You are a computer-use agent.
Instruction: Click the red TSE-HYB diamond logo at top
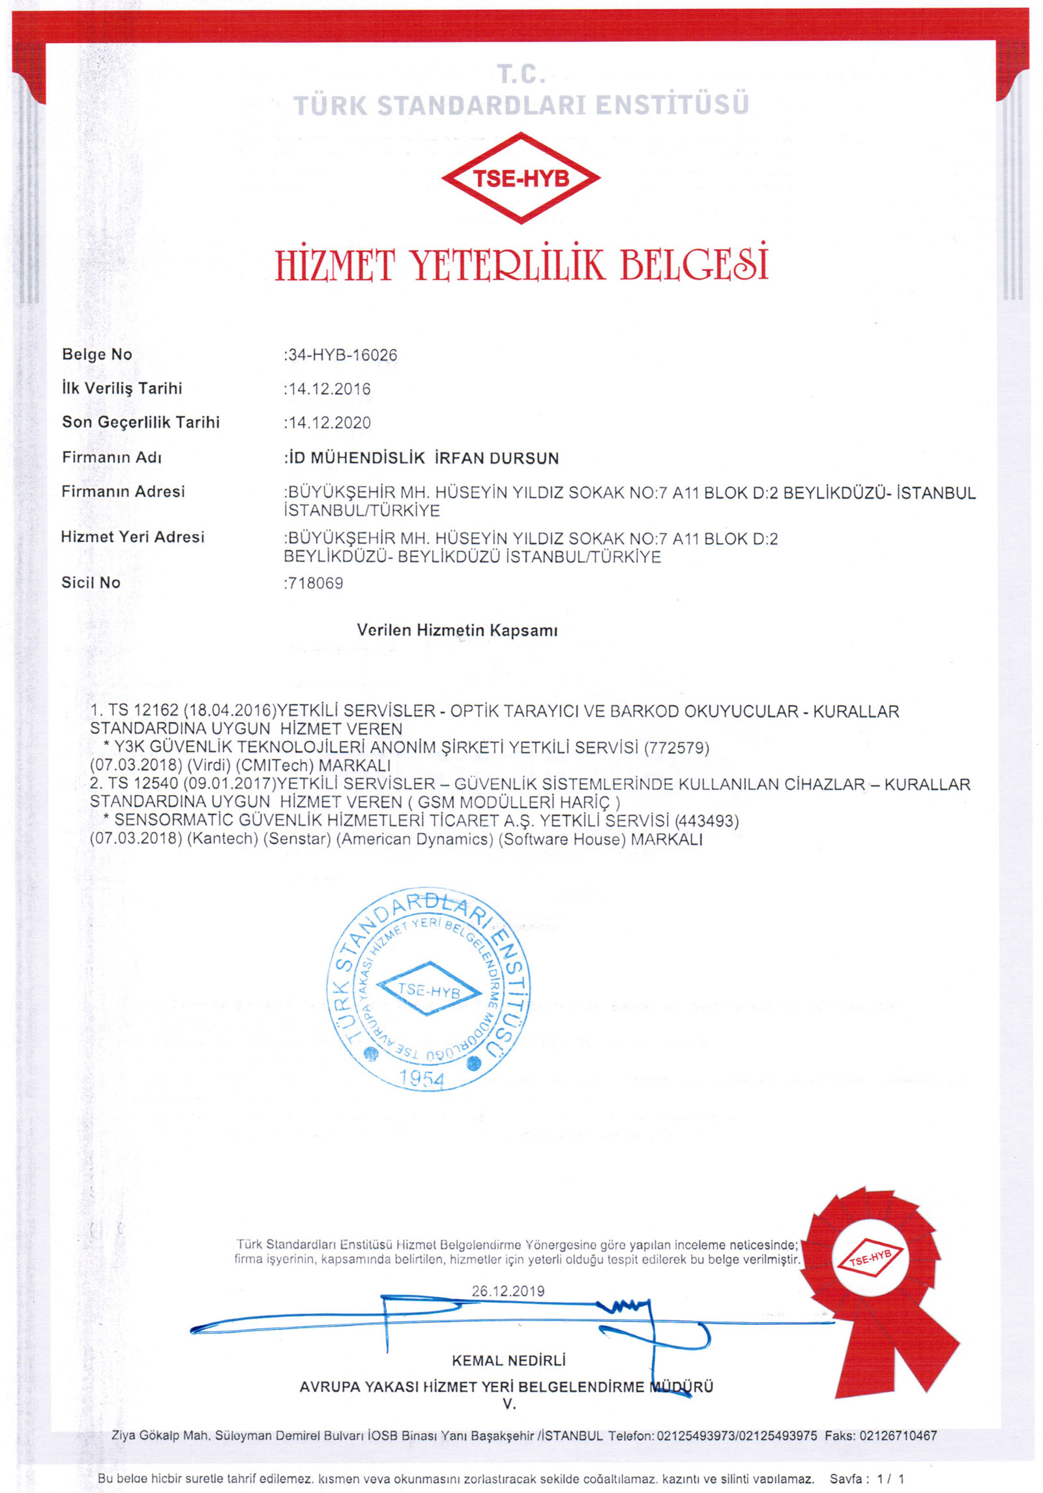(520, 178)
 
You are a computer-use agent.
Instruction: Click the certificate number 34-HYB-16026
(342, 355)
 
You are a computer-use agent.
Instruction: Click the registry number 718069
(315, 583)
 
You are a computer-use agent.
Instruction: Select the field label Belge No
(97, 355)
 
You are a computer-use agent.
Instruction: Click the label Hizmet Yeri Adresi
(132, 537)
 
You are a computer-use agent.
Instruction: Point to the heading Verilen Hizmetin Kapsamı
(457, 630)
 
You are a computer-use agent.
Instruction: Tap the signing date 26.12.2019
(508, 1291)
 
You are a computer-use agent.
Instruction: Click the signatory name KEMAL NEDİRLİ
(508, 1361)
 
